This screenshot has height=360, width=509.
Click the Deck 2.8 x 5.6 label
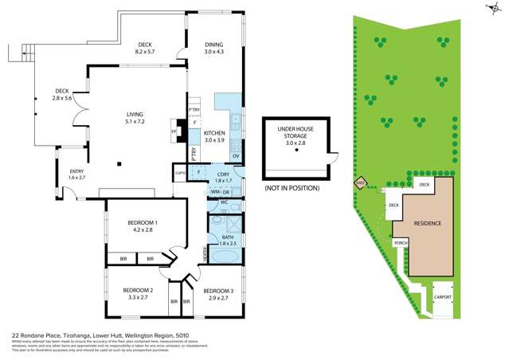coord(62,94)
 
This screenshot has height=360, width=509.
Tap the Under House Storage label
coord(297,133)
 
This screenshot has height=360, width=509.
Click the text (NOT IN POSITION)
coord(292,188)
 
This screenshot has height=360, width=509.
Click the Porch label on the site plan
coord(401,243)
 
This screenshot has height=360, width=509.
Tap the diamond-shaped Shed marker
coord(360,184)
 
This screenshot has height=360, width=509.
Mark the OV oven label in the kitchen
coord(235,156)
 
